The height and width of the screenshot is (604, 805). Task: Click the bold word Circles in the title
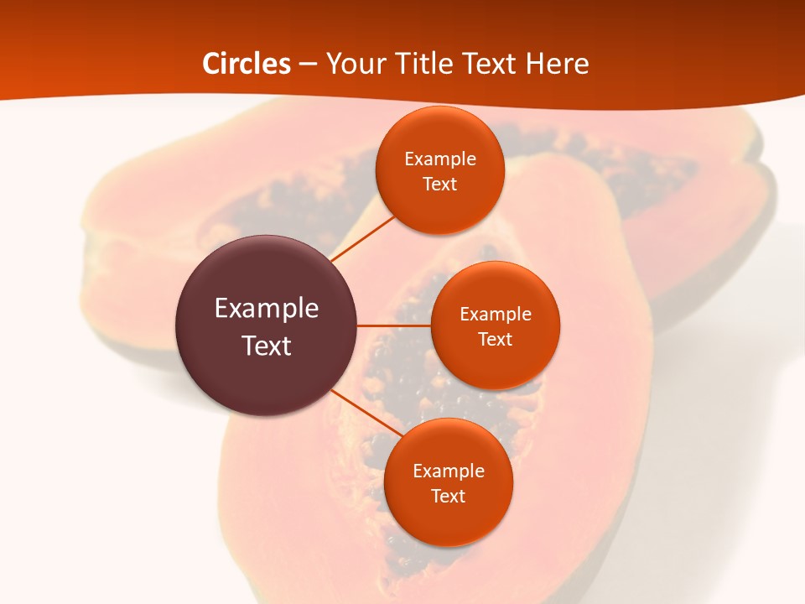pyautogui.click(x=247, y=64)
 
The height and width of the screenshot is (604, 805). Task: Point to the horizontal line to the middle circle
pyautogui.click(x=394, y=325)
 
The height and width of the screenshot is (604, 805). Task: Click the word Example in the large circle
pyautogui.click(x=267, y=309)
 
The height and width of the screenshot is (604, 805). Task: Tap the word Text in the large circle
pyautogui.click(x=267, y=346)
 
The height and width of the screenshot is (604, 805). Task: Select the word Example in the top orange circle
pyautogui.click(x=440, y=159)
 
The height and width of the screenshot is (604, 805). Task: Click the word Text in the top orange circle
pyautogui.click(x=439, y=185)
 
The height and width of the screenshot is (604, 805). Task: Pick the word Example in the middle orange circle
pyautogui.click(x=496, y=315)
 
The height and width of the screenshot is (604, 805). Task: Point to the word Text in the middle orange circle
pyautogui.click(x=495, y=340)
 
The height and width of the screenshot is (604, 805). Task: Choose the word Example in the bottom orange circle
pyautogui.click(x=449, y=471)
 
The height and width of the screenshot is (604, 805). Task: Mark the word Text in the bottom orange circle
pyautogui.click(x=448, y=497)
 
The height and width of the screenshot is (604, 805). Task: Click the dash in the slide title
pyautogui.click(x=308, y=65)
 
